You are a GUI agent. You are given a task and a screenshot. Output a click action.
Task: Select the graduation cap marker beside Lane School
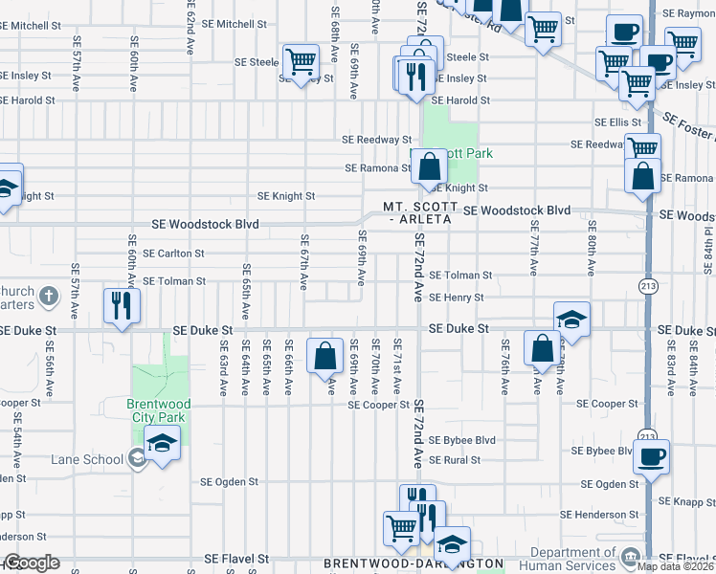pos(162,443)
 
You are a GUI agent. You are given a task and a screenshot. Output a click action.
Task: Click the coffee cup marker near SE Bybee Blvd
pos(652,456)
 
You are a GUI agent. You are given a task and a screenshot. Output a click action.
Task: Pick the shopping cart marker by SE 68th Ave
pos(301,62)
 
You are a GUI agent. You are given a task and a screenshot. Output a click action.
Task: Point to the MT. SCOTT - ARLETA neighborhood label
pos(417,212)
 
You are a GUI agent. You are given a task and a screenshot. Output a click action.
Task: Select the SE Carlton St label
pos(173,254)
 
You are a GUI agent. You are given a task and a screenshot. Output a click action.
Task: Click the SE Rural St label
pos(454,460)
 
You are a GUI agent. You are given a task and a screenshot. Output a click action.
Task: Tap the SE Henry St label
pos(456,298)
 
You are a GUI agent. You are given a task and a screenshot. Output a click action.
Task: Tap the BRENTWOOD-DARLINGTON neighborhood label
pos(413,564)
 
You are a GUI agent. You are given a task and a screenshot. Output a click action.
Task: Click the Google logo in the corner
pos(31,563)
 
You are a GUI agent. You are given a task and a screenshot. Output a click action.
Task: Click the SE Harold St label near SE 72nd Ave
pos(460,100)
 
